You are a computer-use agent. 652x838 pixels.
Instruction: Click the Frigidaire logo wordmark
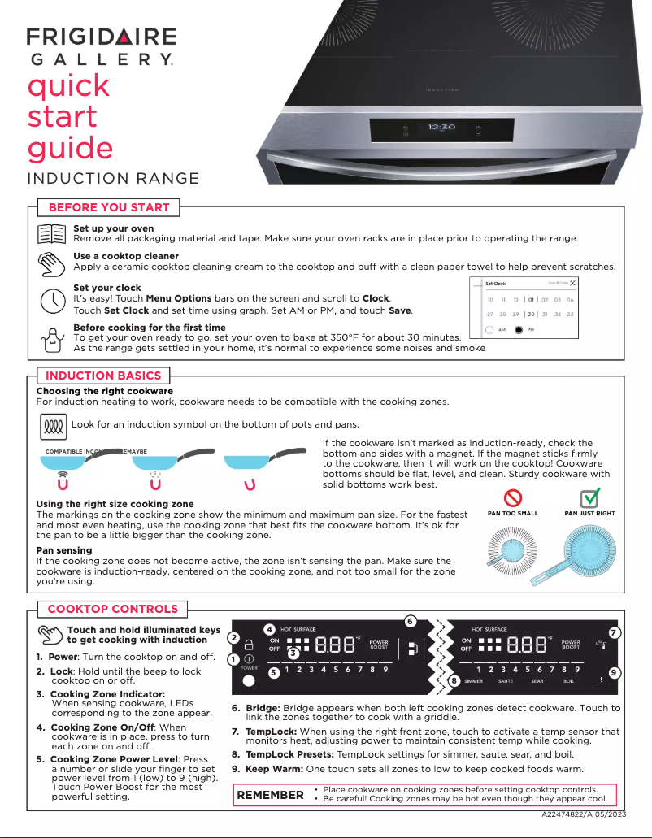point(101,37)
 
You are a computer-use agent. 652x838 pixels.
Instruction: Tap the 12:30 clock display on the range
point(441,128)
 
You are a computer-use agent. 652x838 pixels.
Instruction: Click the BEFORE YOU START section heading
point(109,207)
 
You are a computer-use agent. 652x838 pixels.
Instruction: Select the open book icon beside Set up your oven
point(52,233)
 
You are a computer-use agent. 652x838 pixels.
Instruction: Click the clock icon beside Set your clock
point(52,299)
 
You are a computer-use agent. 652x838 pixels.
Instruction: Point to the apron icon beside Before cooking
point(52,338)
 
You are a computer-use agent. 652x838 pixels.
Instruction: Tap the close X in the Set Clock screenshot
point(573,283)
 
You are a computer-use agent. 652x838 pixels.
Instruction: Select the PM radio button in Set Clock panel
point(519,330)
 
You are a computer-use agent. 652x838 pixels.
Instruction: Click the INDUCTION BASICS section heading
point(102,376)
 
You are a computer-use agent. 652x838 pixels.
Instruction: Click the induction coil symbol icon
point(52,425)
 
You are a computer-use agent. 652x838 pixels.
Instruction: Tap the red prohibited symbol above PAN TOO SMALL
point(513,497)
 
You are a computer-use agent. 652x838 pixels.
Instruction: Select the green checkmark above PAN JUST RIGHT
point(589,497)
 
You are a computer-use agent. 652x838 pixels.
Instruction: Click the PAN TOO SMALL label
point(512,514)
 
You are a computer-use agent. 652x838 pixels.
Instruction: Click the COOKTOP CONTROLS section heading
point(112,609)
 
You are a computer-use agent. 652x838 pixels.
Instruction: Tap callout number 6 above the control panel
point(410,622)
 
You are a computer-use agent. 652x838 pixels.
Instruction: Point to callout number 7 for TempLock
point(615,632)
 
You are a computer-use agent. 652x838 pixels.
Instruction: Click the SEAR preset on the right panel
point(537,681)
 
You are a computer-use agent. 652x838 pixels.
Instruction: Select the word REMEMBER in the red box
point(270,795)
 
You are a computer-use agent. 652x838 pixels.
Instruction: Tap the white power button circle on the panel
point(249,680)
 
